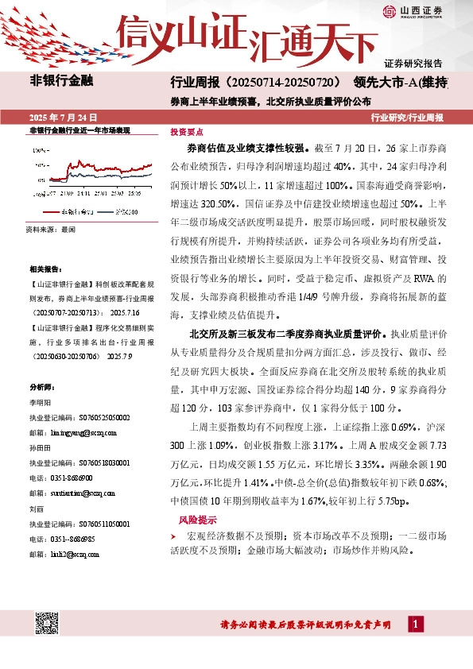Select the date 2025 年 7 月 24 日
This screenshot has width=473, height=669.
click(61, 117)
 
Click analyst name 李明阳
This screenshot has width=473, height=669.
click(39, 404)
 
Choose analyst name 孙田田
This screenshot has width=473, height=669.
click(39, 447)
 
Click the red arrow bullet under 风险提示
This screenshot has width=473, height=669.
click(174, 537)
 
